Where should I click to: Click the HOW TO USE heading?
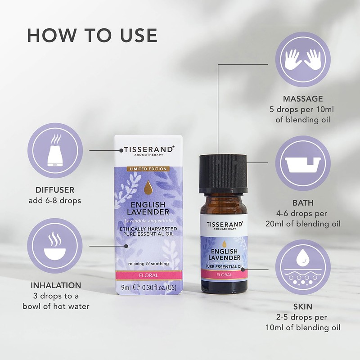click(92, 35)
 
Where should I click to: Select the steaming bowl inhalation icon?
click(55, 246)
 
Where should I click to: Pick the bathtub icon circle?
click(303, 163)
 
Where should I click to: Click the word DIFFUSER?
click(55, 190)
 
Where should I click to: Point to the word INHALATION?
click(56, 285)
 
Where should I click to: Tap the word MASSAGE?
click(303, 99)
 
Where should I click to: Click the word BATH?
click(303, 203)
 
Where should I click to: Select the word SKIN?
click(303, 306)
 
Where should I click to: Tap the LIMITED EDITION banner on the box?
click(148, 169)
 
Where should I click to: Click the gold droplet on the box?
click(148, 189)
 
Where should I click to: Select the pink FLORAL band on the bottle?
click(224, 274)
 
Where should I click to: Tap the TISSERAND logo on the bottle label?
click(224, 224)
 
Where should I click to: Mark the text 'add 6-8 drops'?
click(55, 201)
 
